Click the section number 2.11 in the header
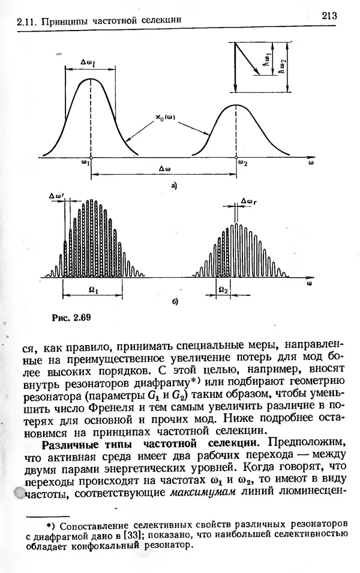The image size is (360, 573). coord(25,22)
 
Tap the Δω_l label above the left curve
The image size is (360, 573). coord(89,61)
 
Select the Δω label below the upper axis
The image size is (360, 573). coord(165,169)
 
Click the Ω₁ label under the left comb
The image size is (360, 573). coord(93,289)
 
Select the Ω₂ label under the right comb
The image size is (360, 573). coord(223,289)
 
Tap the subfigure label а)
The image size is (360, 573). coord(174,187)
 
